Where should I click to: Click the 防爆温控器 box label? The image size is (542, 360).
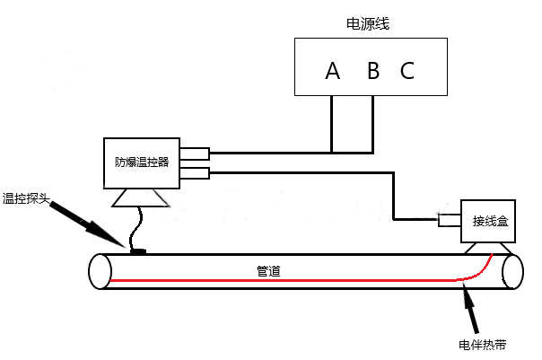pos(142,162)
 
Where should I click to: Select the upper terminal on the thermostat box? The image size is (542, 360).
pos(195,153)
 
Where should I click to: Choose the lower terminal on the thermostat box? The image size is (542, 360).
pos(195,171)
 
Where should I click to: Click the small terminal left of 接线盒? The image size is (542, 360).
pos(448,220)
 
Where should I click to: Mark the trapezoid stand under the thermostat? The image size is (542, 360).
pos(143,197)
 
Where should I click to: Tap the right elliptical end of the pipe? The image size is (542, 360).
pos(511,270)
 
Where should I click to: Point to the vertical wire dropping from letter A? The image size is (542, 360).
pos(332,123)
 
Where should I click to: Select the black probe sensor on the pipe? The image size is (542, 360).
pos(137,250)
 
